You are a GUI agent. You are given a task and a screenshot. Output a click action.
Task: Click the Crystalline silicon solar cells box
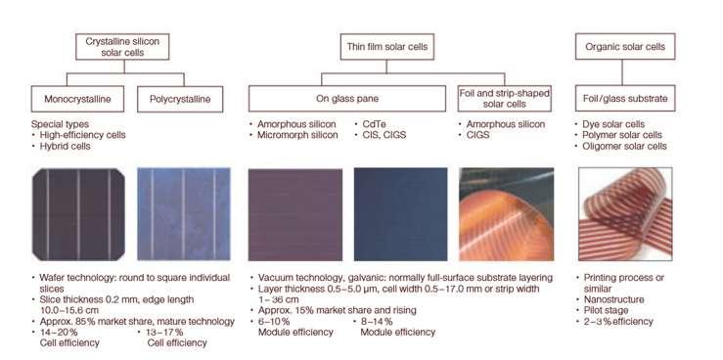pyautogui.click(x=122, y=47)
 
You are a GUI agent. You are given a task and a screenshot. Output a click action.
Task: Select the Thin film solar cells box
pyautogui.click(x=386, y=47)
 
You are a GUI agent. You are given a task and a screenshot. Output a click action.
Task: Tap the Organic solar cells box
pyautogui.click(x=625, y=47)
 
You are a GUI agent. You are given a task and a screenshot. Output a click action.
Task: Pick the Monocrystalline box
pyautogui.click(x=77, y=99)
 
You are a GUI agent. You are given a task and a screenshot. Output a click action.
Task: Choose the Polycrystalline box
pyautogui.click(x=180, y=99)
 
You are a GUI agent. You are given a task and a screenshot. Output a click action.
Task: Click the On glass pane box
pyautogui.click(x=346, y=99)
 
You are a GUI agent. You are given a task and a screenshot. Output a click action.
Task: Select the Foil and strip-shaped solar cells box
pyautogui.click(x=505, y=99)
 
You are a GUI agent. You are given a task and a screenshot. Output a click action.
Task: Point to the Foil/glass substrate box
pyautogui.click(x=625, y=99)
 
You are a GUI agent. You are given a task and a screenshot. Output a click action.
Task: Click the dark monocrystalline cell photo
pyautogui.click(x=78, y=214)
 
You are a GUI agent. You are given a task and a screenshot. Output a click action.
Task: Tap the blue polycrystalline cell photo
pyautogui.click(x=184, y=214)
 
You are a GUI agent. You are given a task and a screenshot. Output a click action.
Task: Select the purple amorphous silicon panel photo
pyautogui.click(x=295, y=214)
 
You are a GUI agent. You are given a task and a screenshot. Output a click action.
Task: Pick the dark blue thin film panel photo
pyautogui.click(x=400, y=214)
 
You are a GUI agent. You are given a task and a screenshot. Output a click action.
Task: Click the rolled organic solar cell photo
pyautogui.click(x=625, y=214)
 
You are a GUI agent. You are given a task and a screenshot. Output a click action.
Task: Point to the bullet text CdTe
pyautogui.click(x=374, y=124)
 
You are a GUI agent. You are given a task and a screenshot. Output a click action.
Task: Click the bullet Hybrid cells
pyautogui.click(x=65, y=146)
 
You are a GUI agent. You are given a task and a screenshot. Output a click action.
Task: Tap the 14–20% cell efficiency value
pyautogui.click(x=59, y=332)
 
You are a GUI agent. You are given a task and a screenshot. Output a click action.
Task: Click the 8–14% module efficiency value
pyautogui.click(x=377, y=321)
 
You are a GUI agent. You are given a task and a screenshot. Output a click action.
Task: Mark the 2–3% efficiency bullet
pyautogui.click(x=618, y=321)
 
